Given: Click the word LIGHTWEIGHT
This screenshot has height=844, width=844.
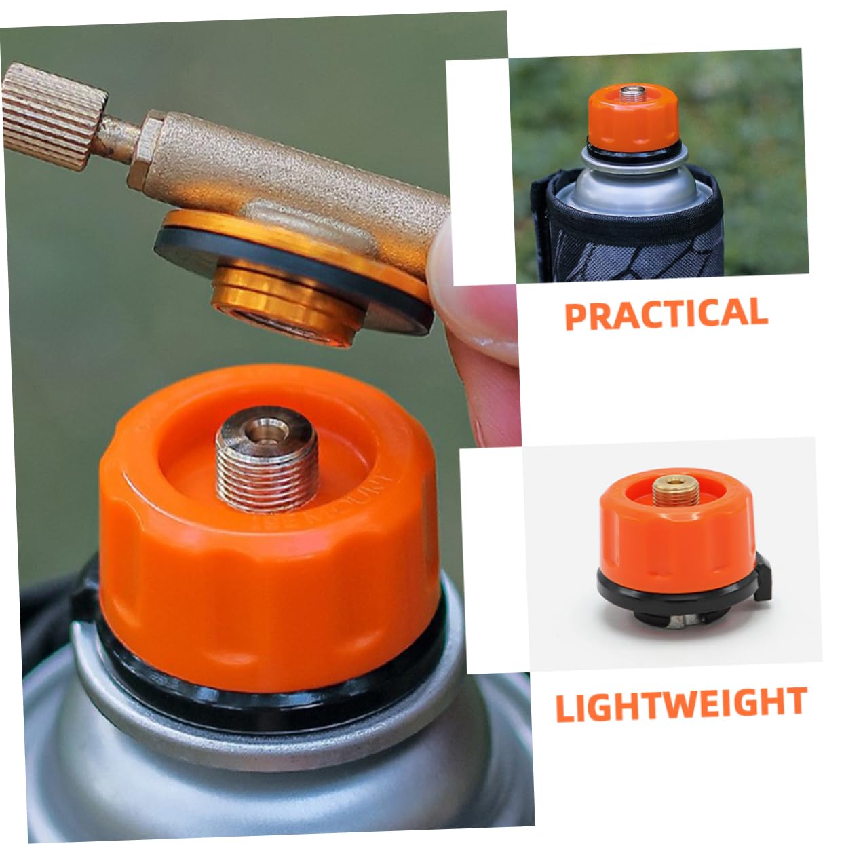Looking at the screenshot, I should (680, 704).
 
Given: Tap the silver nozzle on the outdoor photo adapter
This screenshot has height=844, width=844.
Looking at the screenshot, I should (635, 94).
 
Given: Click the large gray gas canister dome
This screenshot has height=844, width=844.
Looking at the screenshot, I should (204, 767).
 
